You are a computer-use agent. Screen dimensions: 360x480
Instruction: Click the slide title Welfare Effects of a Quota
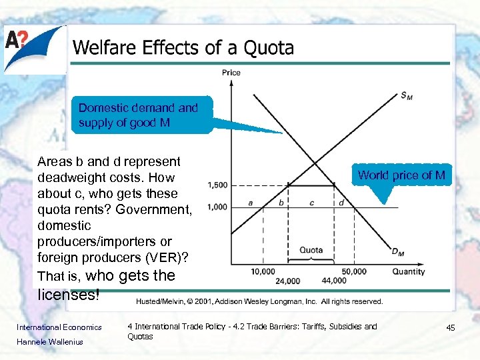click(x=183, y=48)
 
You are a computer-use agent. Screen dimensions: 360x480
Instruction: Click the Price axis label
click(x=231, y=73)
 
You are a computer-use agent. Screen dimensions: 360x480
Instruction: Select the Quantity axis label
click(x=409, y=271)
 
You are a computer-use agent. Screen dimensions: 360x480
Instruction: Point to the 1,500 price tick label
click(x=218, y=185)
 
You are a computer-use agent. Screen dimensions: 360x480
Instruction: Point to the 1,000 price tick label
click(x=218, y=207)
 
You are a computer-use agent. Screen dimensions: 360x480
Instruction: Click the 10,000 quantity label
click(x=263, y=271)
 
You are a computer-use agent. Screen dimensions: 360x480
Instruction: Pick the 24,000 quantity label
click(x=287, y=281)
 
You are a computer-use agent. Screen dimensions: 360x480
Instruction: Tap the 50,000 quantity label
click(x=353, y=271)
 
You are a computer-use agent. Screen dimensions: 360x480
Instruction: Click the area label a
click(x=250, y=202)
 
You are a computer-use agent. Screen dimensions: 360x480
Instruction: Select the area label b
click(x=281, y=202)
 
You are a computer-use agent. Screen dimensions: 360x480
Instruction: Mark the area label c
click(x=311, y=202)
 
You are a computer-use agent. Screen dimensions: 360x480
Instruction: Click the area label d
click(x=341, y=202)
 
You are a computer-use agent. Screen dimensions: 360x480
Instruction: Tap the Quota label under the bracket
click(x=311, y=251)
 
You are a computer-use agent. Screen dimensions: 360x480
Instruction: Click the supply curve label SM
click(x=406, y=97)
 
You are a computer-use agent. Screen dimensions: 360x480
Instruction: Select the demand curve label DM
click(x=397, y=253)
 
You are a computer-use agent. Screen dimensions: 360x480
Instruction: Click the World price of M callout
click(x=401, y=175)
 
